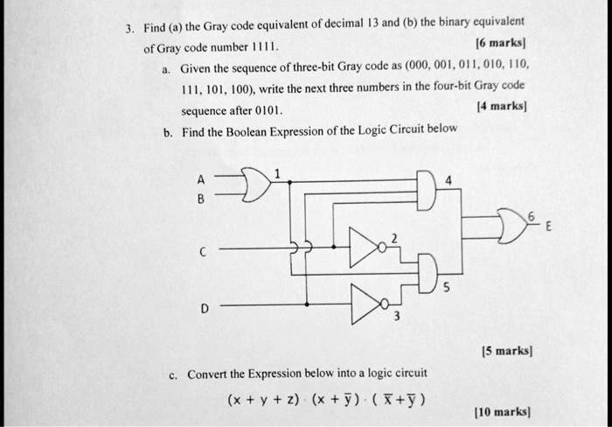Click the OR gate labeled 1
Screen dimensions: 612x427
255,185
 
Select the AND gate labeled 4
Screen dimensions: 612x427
427,190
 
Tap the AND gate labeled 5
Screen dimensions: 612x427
428,274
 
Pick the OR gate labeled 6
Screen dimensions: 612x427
511,227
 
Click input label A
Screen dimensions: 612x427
200,179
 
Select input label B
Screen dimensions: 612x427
200,199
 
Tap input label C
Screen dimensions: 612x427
202,252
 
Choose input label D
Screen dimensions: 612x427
204,309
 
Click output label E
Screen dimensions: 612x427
548,227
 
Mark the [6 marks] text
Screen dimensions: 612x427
500,42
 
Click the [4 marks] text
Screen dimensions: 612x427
502,106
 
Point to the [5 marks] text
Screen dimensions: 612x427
507,351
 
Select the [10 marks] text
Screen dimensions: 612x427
503,412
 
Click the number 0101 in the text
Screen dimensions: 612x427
268,111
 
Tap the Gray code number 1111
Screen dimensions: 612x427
264,47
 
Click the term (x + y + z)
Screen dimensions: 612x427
263,400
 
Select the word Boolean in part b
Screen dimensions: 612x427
247,132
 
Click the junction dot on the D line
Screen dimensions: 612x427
307,304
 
